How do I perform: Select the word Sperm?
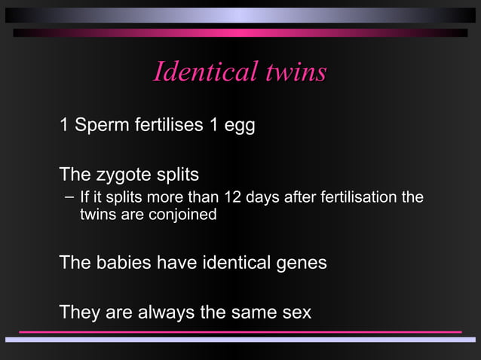point(100,125)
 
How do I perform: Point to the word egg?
point(238,127)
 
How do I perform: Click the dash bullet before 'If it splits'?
point(69,198)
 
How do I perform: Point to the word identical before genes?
point(234,263)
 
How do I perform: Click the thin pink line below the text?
point(240,331)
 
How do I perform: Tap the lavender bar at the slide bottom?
point(240,340)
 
